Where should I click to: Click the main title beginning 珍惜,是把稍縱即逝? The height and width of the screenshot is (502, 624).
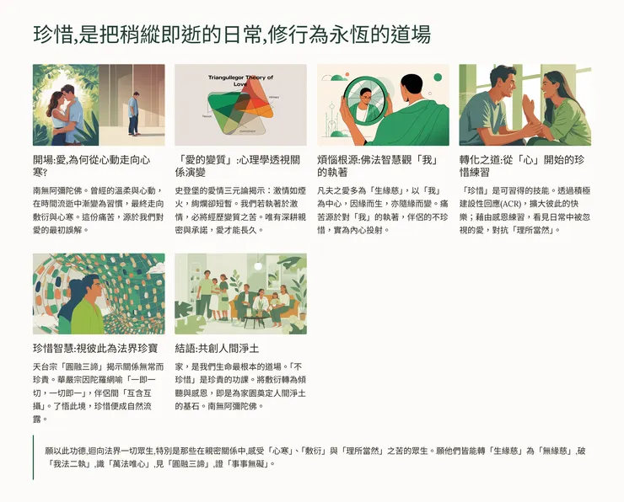[232, 35]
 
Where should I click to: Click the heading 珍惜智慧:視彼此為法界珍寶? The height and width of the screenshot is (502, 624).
[90, 347]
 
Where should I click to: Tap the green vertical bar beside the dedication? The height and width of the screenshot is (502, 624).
[34, 457]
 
